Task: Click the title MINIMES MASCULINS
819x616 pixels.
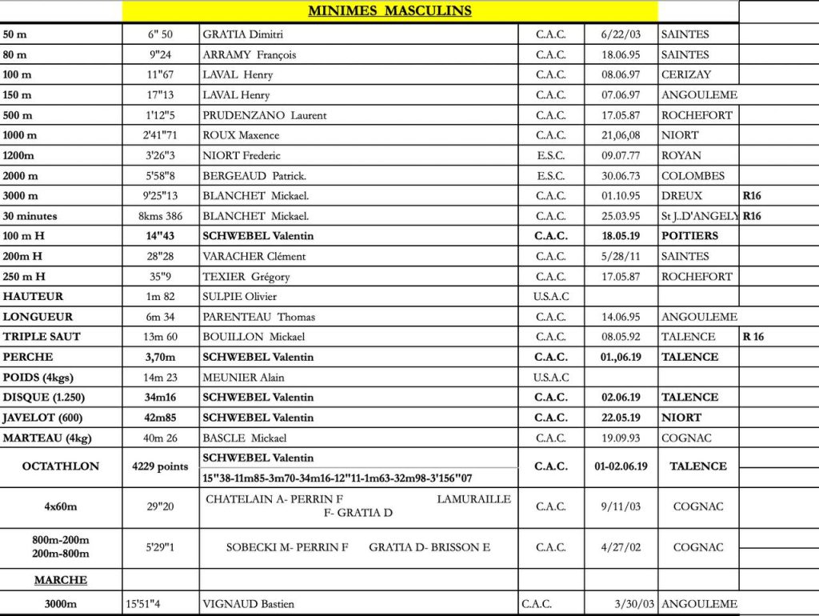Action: pyautogui.click(x=390, y=11)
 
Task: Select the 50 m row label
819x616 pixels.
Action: pyautogui.click(x=14, y=34)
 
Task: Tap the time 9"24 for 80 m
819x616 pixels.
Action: pyautogui.click(x=161, y=55)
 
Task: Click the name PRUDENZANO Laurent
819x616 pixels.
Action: pyautogui.click(x=264, y=115)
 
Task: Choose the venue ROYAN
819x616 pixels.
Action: pyautogui.click(x=681, y=156)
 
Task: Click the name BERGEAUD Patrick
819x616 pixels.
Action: pyautogui.click(x=254, y=176)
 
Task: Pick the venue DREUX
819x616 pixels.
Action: pyautogui.click(x=681, y=196)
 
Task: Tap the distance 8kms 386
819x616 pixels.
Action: pyautogui.click(x=160, y=216)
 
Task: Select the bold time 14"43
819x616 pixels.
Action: pyautogui.click(x=161, y=236)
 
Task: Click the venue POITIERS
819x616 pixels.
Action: pyautogui.click(x=689, y=236)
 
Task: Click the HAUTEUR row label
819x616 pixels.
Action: pyautogui.click(x=33, y=297)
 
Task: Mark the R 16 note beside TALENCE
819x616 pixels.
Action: pyautogui.click(x=753, y=337)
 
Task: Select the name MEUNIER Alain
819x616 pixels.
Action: pyautogui.click(x=243, y=378)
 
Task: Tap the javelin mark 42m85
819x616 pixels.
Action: pyautogui.click(x=161, y=418)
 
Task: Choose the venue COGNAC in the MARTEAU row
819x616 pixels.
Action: pyautogui.click(x=686, y=438)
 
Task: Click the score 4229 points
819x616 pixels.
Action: pyautogui.click(x=161, y=466)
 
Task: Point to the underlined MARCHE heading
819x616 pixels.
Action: pyautogui.click(x=61, y=580)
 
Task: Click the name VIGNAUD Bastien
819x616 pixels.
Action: pyautogui.click(x=248, y=604)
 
